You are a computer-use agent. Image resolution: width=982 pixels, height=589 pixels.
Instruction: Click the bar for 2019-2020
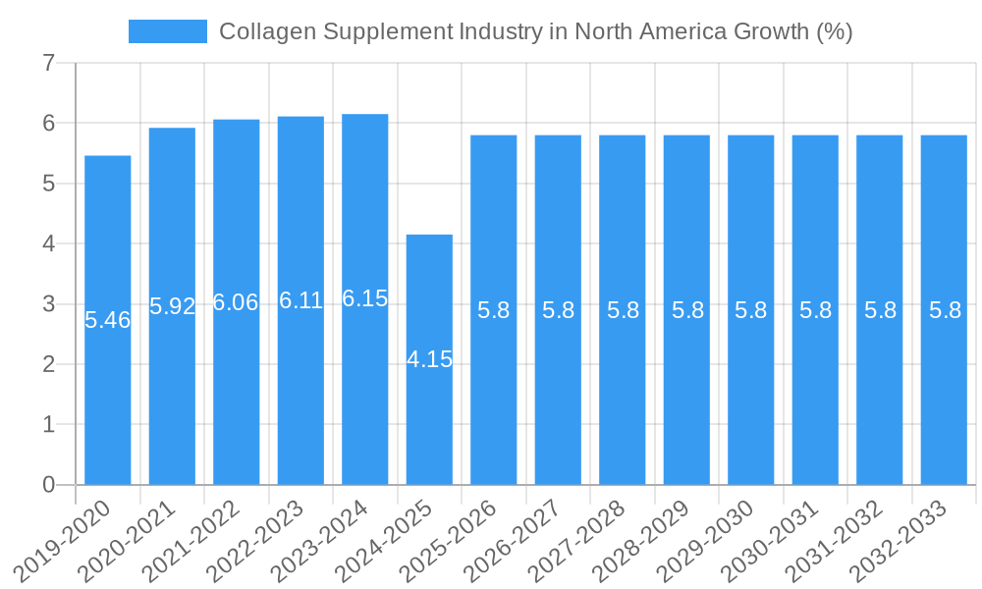pyautogui.click(x=108, y=320)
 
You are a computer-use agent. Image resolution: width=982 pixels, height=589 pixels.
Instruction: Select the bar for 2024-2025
pyautogui.click(x=429, y=359)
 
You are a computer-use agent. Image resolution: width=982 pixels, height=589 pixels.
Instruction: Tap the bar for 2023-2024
pyautogui.click(x=365, y=299)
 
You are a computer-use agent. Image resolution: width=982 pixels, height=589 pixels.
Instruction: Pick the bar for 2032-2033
pyautogui.click(x=944, y=310)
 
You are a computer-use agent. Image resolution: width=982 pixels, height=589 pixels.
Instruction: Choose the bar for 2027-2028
pyautogui.click(x=623, y=310)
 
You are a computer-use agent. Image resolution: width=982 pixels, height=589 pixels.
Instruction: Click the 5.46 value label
pyautogui.click(x=108, y=320)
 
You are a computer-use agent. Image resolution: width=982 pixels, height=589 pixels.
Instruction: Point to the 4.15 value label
pyautogui.click(x=429, y=359)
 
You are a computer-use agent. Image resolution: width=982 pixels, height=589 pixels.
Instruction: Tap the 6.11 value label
pyautogui.click(x=300, y=300)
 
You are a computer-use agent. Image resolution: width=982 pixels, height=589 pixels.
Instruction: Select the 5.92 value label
pyautogui.click(x=173, y=306)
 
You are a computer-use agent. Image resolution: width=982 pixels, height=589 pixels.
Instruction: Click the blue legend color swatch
pyautogui.click(x=168, y=31)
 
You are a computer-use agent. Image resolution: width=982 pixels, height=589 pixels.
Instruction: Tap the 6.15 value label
pyautogui.click(x=365, y=299)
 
